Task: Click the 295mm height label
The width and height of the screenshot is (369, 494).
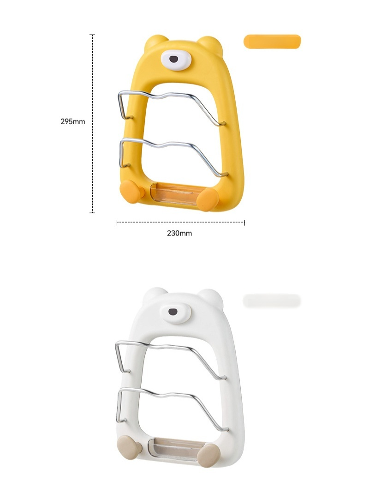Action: [x=73, y=121]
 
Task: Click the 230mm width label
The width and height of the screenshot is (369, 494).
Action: [x=179, y=233]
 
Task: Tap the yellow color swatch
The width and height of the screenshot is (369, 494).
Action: [x=272, y=42]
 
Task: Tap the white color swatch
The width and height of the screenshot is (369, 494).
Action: [x=272, y=301]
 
